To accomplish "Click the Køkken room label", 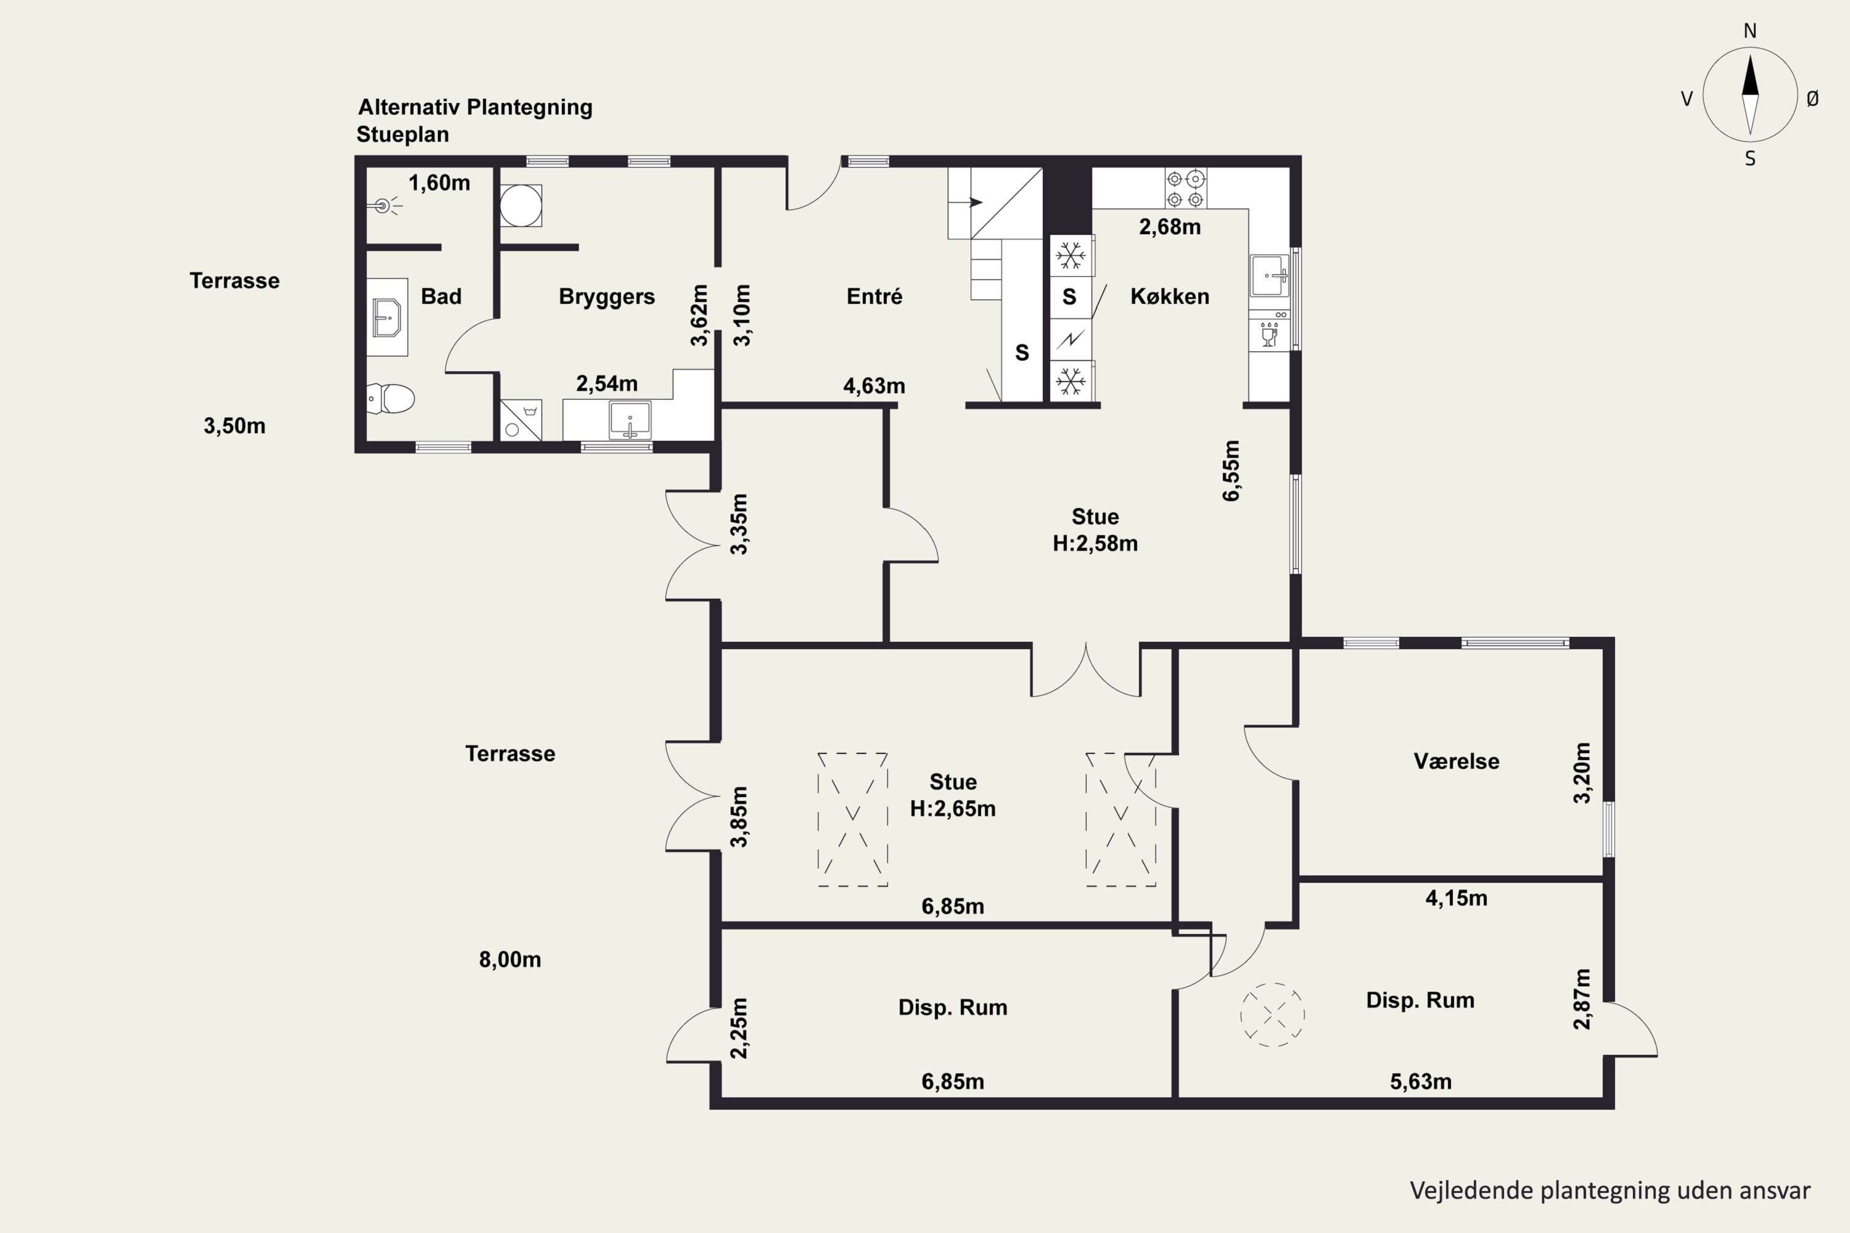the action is [x=1170, y=297].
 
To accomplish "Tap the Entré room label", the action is [x=874, y=297].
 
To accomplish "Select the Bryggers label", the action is [x=606, y=297].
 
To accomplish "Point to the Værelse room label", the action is [x=1456, y=761].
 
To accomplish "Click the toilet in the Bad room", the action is [x=391, y=399].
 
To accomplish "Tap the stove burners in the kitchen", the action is [x=1185, y=189].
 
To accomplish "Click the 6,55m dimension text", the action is [x=1231, y=470].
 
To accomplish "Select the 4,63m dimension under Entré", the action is [x=874, y=386].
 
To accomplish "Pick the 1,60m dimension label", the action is [x=439, y=183].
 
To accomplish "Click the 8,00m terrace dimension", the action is [x=510, y=959].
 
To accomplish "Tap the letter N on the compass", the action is [x=1750, y=31].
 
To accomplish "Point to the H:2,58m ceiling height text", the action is [x=1095, y=543].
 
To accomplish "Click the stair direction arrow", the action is [x=976, y=202].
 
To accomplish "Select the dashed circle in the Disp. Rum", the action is [x=1272, y=1014].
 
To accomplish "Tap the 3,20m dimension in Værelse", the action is [x=1582, y=772].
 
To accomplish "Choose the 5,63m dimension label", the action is [x=1421, y=1081].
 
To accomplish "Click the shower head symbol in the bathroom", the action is [x=384, y=207].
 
